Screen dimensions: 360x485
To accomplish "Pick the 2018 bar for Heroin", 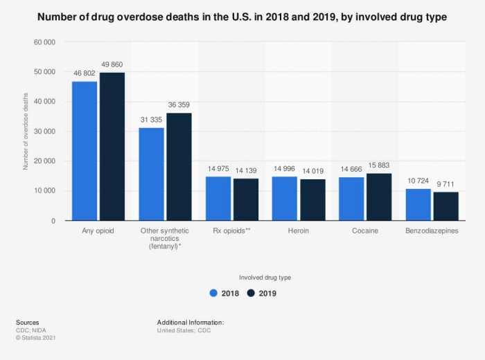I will (x=285, y=199).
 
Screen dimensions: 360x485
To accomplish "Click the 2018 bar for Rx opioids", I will (x=218, y=199).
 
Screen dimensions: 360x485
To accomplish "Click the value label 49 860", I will (x=112, y=64).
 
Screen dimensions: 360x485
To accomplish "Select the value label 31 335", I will (x=151, y=120).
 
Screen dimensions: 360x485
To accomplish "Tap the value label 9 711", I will (x=446, y=184).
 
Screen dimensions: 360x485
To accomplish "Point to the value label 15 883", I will (x=378, y=165).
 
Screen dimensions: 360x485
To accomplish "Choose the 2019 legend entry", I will (x=262, y=294).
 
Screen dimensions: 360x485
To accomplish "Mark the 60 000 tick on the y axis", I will (x=44, y=42).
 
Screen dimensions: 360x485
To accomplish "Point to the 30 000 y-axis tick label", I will (x=44, y=132).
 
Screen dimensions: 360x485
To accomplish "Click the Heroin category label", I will (x=298, y=231).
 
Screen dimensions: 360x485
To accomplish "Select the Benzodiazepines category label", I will (x=432, y=231).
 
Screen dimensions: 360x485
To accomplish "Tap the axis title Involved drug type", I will (x=265, y=277).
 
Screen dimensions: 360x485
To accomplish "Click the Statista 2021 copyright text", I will (x=35, y=338).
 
